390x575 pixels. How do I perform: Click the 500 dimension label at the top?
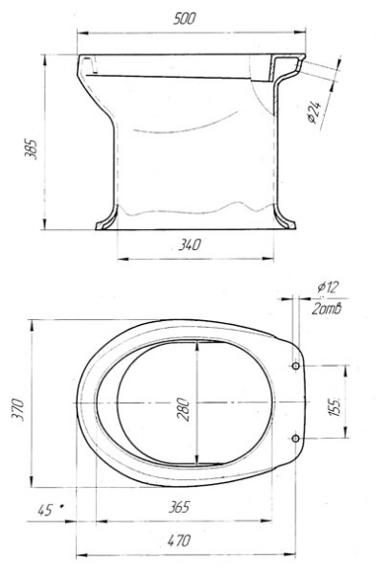tap(184, 18)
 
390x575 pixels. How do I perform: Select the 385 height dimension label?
tap(31, 149)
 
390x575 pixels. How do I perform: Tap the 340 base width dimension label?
tap(190, 244)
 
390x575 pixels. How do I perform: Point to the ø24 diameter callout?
tap(314, 111)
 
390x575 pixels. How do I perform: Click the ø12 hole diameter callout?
tap(329, 287)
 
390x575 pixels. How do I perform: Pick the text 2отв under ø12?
tap(327, 309)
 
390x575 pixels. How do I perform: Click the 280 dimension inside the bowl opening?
tap(183, 409)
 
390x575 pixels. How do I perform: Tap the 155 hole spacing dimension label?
tap(334, 406)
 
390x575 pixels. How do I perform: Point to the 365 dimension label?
tap(179, 507)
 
